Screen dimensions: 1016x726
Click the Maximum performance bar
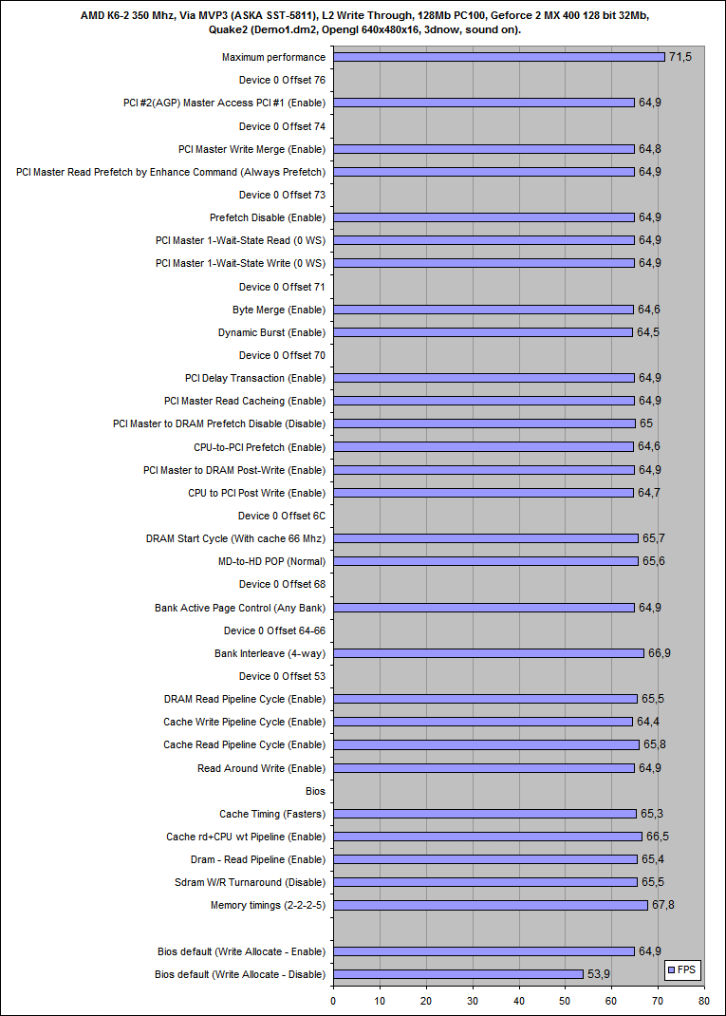[498, 57]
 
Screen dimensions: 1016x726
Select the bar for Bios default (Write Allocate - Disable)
[457, 974]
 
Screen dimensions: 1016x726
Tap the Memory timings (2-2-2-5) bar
[490, 905]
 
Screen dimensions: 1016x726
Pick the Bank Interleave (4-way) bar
[488, 653]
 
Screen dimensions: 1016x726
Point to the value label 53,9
[598, 974]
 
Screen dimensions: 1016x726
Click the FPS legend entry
[680, 970]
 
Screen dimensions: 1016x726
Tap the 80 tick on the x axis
[703, 1000]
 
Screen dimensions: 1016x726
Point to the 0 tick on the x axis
[333, 1000]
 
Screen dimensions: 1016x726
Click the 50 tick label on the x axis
[565, 1000]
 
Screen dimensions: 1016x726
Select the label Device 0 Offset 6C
[282, 516]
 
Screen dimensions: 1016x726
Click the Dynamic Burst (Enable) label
[271, 332]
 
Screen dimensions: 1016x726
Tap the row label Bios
[315, 790]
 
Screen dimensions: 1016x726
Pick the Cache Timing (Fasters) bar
[484, 814]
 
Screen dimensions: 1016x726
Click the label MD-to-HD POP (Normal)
[271, 561]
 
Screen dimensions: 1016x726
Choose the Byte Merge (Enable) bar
[483, 310]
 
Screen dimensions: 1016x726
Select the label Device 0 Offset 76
[282, 80]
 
